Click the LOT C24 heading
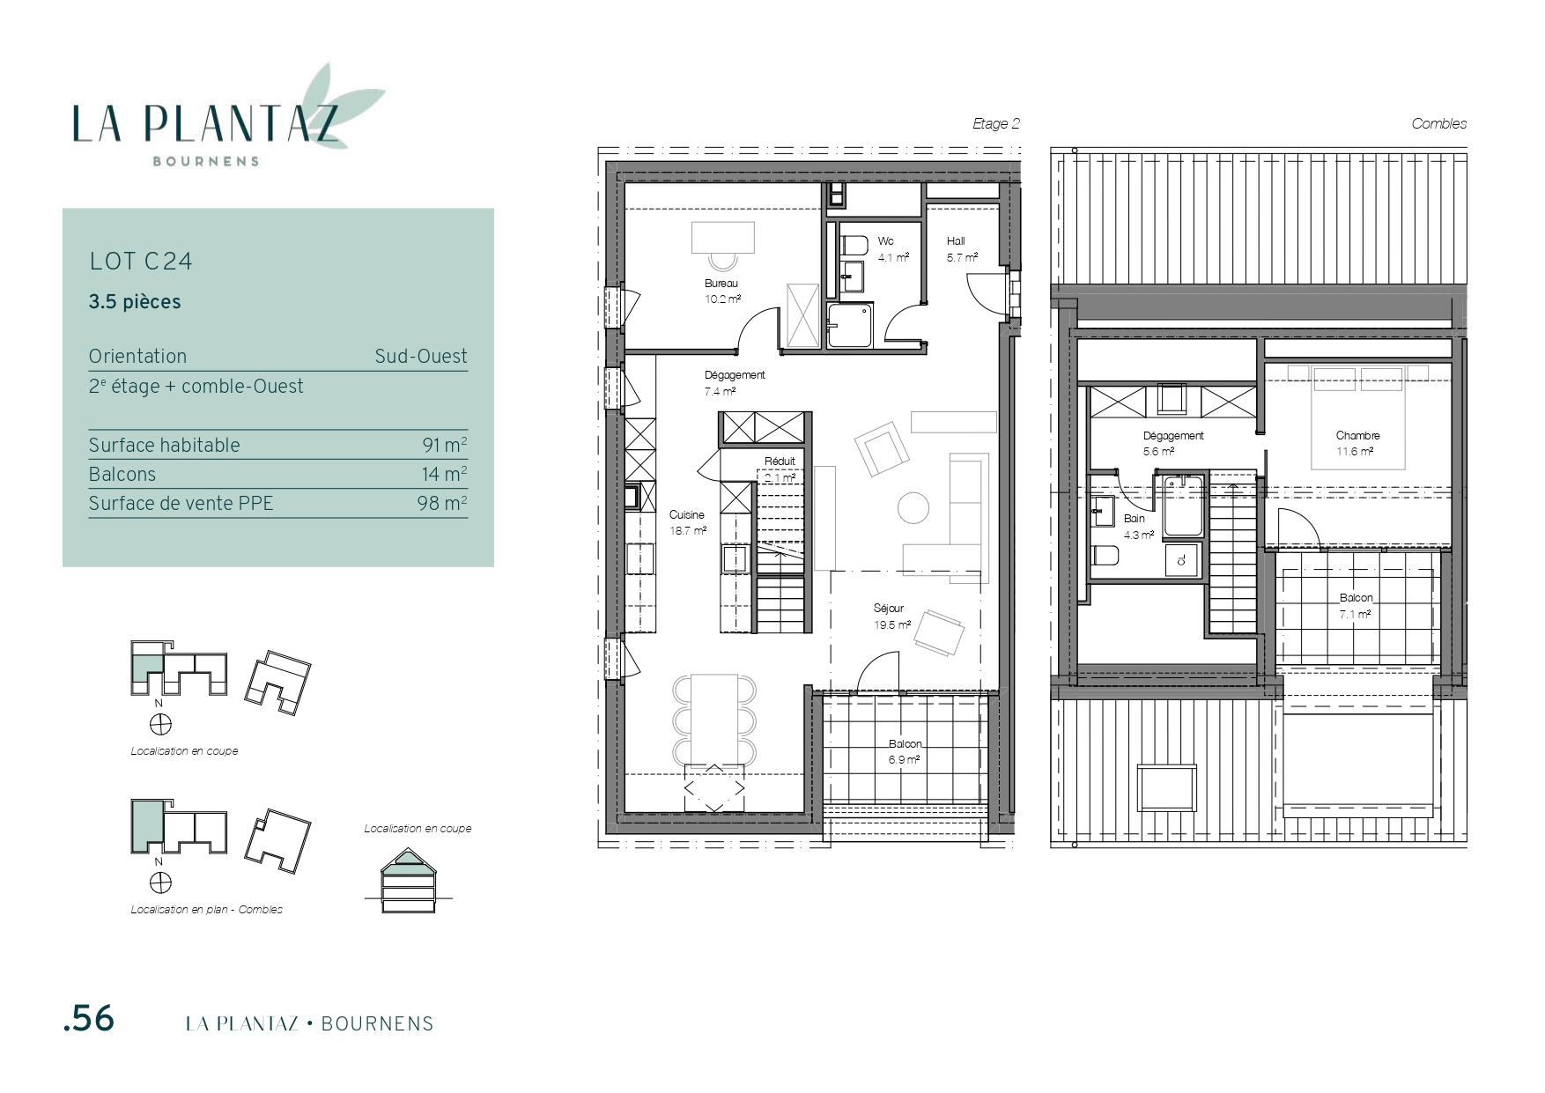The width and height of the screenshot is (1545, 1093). (141, 262)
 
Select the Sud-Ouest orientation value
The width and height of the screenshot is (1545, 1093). (421, 357)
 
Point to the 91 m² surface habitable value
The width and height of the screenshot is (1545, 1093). (445, 445)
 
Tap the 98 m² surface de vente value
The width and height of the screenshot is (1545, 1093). (442, 503)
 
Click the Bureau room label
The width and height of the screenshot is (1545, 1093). (721, 284)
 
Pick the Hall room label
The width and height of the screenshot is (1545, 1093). (956, 241)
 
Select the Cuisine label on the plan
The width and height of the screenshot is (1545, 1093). (687, 515)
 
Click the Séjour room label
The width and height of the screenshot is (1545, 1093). (889, 609)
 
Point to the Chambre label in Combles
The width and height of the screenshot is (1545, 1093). (1357, 436)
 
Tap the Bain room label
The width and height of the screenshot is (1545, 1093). (1135, 519)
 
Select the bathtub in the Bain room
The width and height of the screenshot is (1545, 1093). (1182, 506)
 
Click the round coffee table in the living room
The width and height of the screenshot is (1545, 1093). (913, 507)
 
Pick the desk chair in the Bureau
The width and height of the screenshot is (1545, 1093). (723, 261)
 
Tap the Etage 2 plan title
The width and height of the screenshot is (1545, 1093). (996, 124)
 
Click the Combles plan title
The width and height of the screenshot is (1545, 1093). (1439, 124)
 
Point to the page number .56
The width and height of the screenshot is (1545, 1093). (89, 1019)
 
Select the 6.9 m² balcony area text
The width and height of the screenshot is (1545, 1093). (905, 759)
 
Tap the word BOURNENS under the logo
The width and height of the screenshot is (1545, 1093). (206, 162)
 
